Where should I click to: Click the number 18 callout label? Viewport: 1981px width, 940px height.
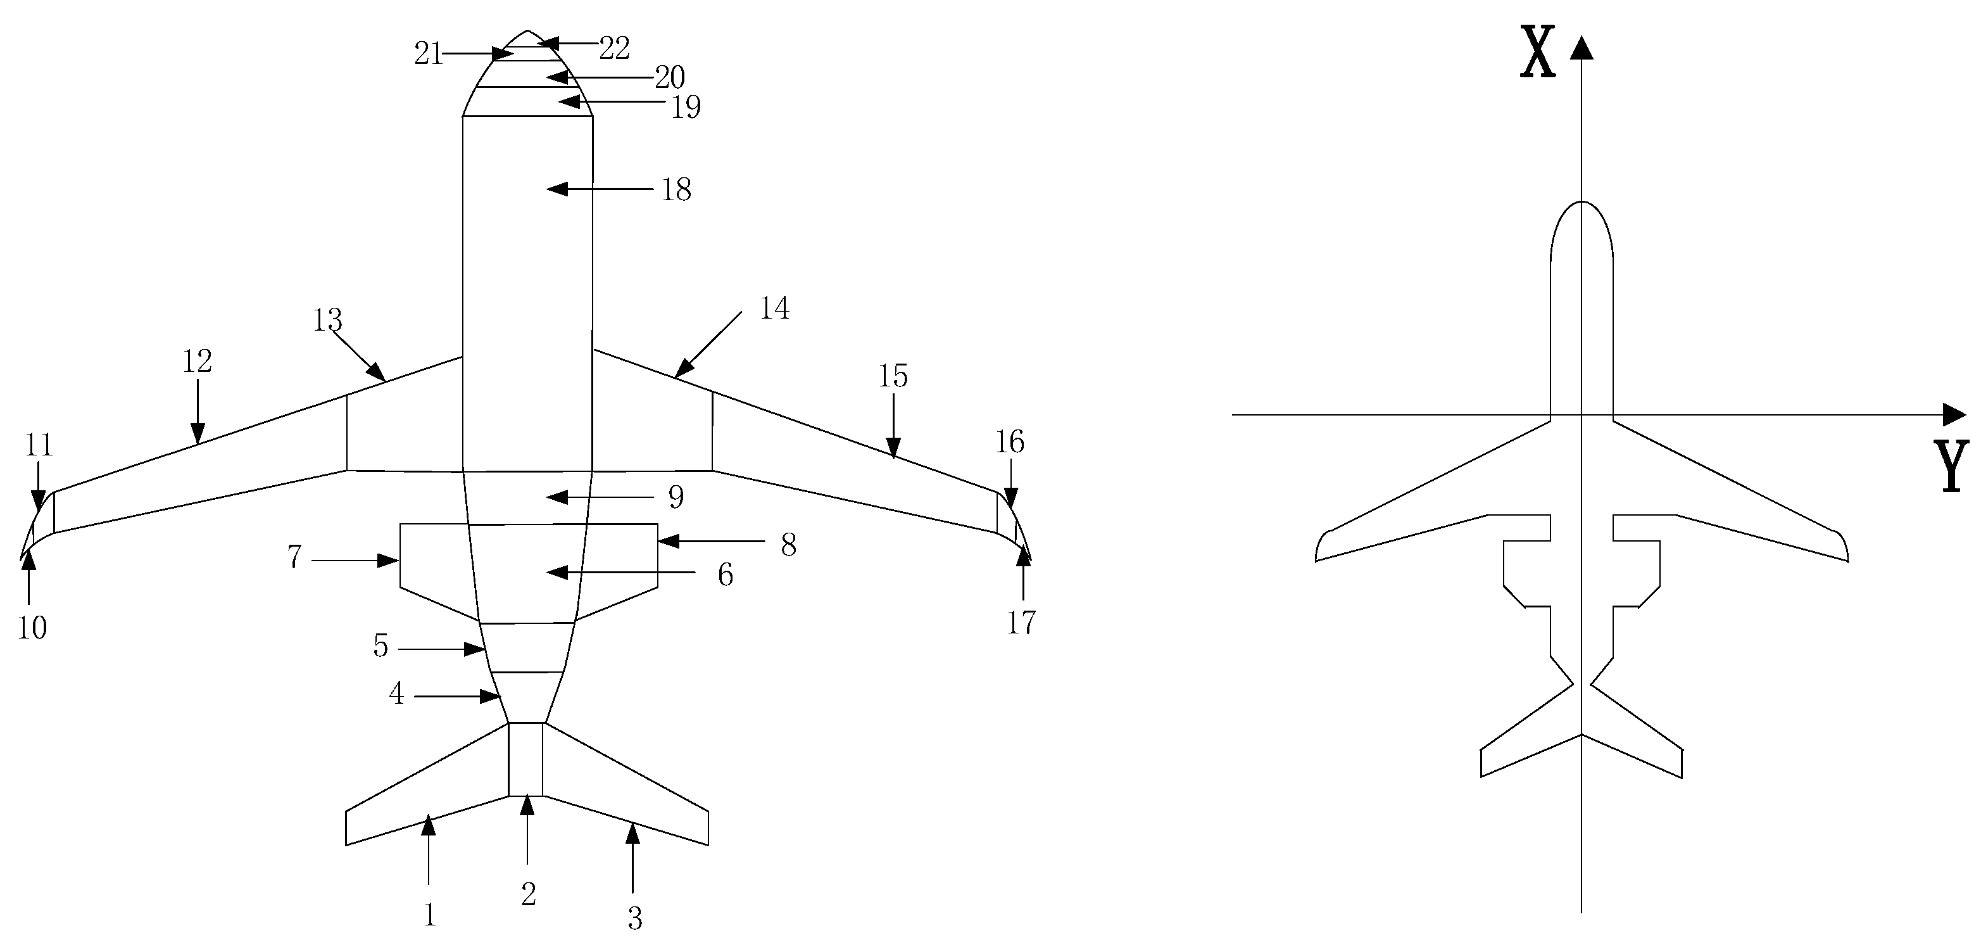coord(677,190)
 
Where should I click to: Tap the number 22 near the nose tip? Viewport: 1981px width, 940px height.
coord(615,49)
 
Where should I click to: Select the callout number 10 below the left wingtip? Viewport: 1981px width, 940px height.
coord(32,628)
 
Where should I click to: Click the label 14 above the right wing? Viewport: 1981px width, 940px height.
coord(774,308)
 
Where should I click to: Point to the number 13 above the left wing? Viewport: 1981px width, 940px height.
coord(327,320)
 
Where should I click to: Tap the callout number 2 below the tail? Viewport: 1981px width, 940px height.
coord(528,894)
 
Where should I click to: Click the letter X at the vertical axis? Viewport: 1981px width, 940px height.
coord(1538,53)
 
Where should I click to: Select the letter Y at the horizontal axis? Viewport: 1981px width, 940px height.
coord(1952,466)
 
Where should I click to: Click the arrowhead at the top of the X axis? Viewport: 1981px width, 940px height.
coord(1581,48)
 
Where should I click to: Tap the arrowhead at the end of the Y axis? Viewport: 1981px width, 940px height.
coord(1954,415)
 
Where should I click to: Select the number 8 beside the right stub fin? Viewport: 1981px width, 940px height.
coord(788,545)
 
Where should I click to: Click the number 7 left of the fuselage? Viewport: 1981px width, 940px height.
coord(294,557)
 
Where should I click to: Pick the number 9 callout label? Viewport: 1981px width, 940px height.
coord(676,497)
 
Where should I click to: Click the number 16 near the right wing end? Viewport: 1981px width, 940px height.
coord(1010,442)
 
